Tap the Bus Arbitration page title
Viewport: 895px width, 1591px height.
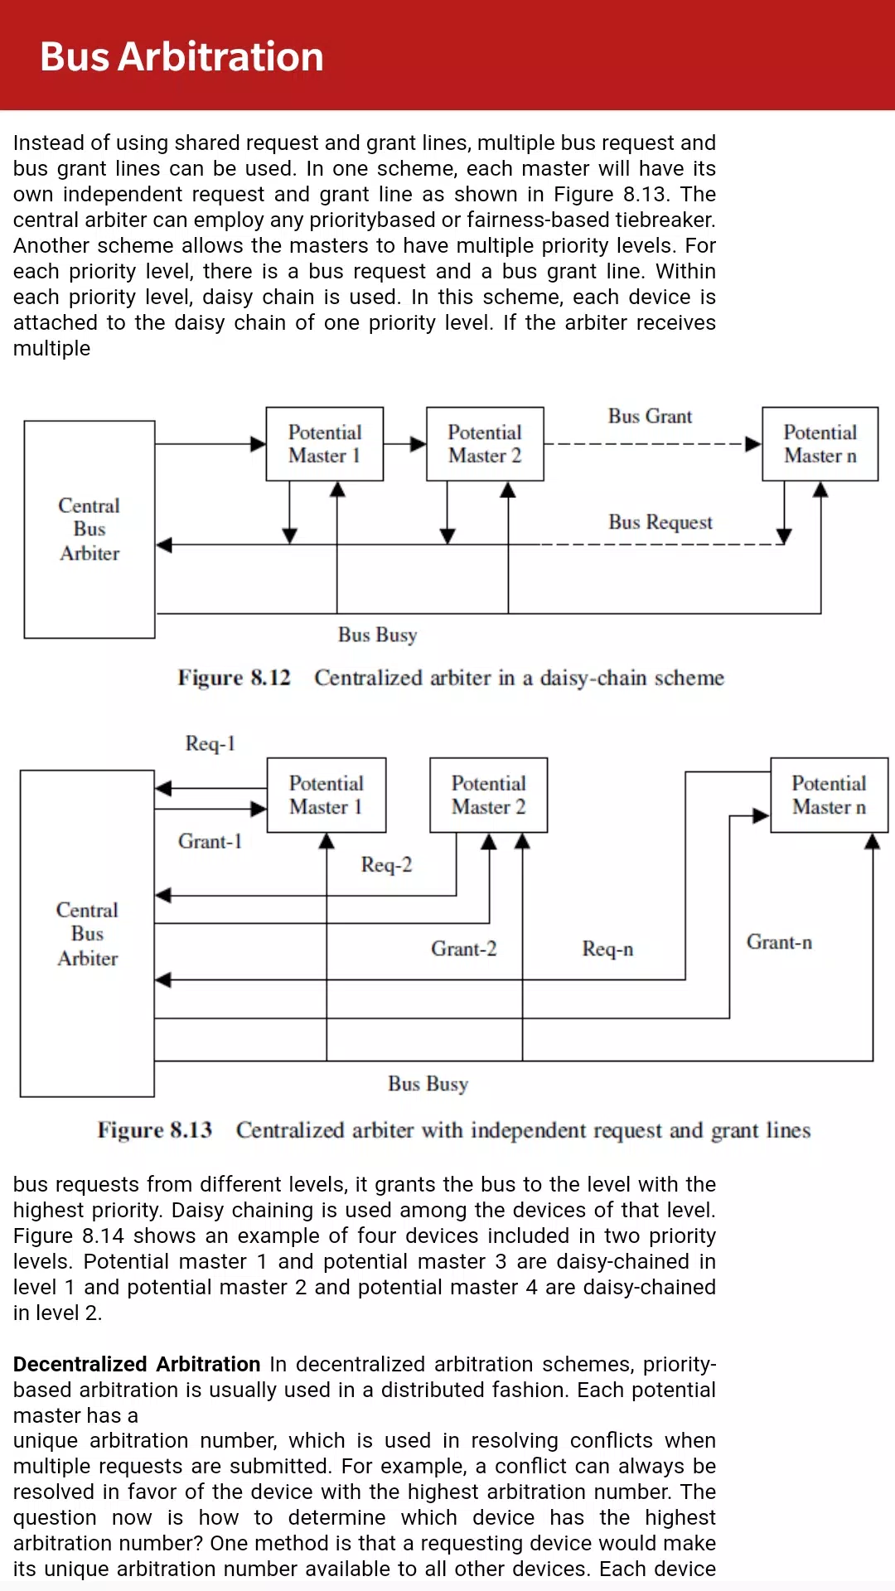coord(181,56)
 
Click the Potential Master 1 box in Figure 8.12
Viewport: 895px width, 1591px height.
coord(325,444)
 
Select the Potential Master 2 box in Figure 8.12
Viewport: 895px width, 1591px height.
coord(485,444)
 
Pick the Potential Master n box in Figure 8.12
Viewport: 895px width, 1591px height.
coord(820,444)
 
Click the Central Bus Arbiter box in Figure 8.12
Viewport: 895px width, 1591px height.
coord(89,530)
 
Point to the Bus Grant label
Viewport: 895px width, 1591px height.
coord(650,416)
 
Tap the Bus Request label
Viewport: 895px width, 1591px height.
coord(660,522)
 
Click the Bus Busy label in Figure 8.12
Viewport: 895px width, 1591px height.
coord(377,635)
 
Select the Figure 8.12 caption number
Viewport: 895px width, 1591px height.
coord(235,678)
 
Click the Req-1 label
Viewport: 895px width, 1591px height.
coord(210,743)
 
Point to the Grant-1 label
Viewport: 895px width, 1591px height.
coord(210,841)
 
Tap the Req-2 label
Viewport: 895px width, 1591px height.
coord(386,864)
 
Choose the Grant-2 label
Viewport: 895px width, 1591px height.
coord(464,949)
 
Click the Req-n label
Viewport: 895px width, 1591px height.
coord(607,949)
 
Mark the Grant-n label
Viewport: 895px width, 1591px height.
coord(779,942)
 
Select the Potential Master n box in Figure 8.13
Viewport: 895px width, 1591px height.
coord(829,795)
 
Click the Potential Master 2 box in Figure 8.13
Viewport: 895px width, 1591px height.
coord(489,795)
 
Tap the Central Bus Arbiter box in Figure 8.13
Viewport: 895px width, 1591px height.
coord(87,934)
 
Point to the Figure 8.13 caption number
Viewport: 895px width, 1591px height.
coord(155,1130)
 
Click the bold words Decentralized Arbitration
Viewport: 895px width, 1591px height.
coord(137,1364)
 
